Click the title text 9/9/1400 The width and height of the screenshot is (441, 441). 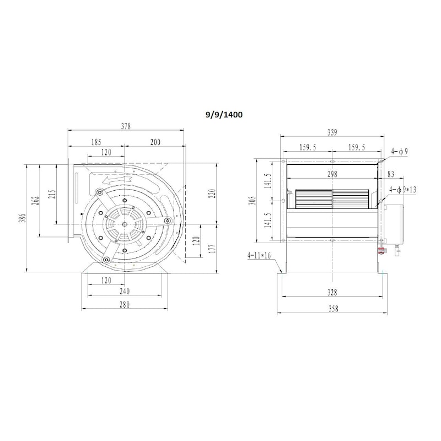tap(224, 115)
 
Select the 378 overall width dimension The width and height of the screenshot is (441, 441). tap(126, 126)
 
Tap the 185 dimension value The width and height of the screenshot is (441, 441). tap(96, 142)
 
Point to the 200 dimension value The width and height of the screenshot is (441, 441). tap(155, 142)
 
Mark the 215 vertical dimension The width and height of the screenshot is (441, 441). tap(53, 195)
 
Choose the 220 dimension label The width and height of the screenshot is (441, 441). tap(213, 193)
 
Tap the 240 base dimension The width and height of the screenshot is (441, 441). tap(125, 292)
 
